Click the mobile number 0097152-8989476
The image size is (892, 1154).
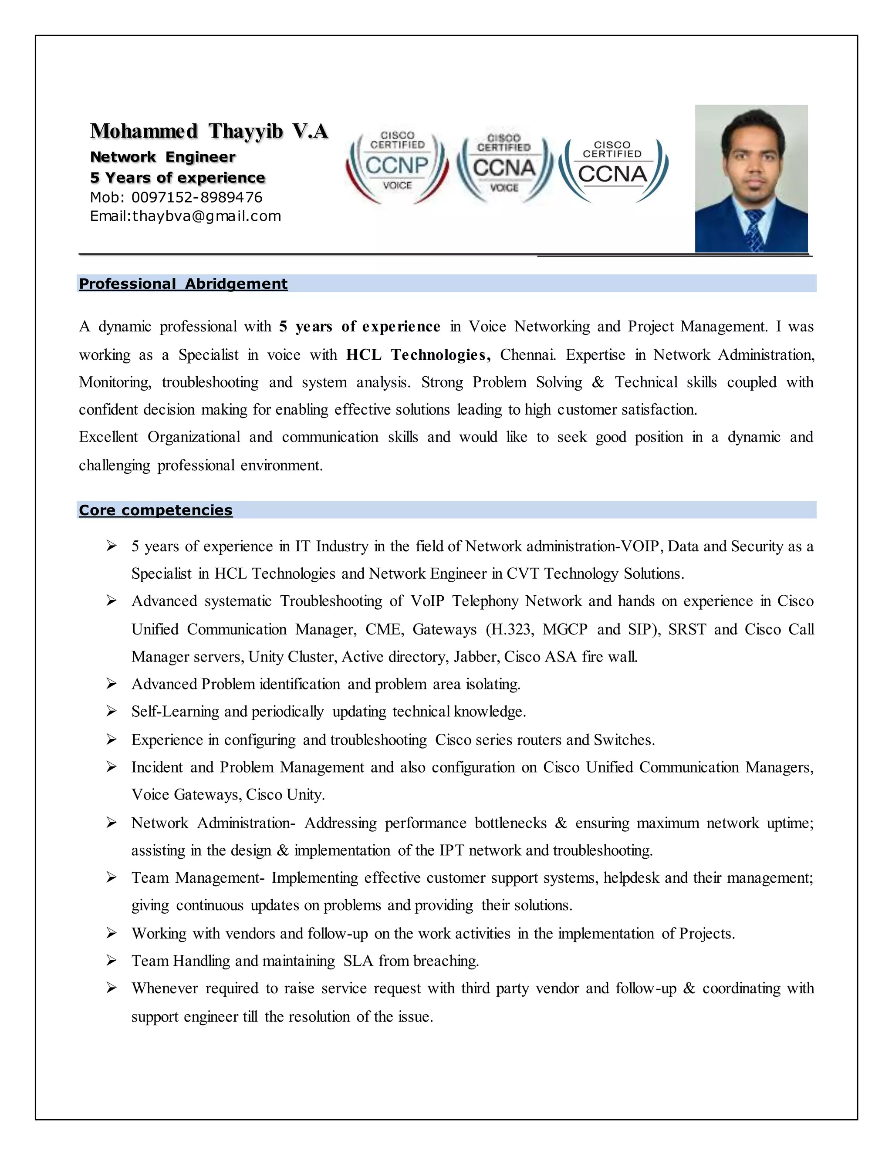tap(196, 198)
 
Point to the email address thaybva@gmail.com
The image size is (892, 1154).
tap(206, 216)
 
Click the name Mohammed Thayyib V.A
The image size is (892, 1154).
tap(209, 131)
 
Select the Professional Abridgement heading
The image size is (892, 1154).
tap(183, 284)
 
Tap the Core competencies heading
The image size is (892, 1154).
tap(155, 510)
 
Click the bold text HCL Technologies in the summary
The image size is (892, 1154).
tap(417, 354)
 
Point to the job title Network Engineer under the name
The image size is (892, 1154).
tap(163, 157)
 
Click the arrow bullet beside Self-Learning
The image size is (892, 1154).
tap(111, 712)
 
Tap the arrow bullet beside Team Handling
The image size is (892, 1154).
tap(111, 961)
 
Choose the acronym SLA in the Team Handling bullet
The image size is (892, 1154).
tap(358, 961)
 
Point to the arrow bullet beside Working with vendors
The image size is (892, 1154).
tap(111, 934)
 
